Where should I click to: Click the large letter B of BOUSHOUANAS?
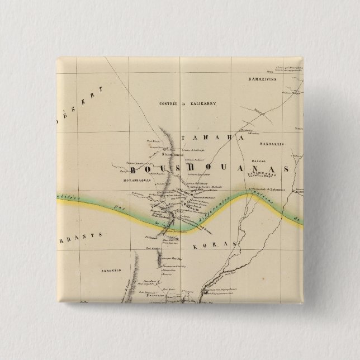click(134, 169)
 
